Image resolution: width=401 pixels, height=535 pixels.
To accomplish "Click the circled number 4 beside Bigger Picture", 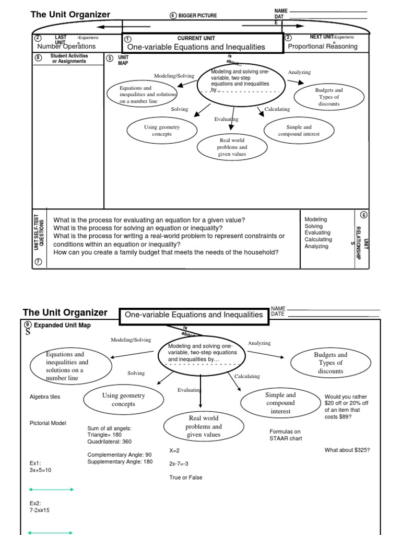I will [173, 16].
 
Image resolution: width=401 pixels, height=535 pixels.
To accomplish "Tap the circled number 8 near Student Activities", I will [38, 58].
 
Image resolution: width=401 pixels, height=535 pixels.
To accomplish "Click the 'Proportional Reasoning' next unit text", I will [323, 46].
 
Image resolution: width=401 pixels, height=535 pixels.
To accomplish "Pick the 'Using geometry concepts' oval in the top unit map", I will [162, 131].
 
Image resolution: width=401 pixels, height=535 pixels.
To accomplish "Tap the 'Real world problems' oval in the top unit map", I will [231, 147].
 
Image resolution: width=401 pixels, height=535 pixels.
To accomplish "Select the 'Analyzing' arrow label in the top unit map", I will [299, 72].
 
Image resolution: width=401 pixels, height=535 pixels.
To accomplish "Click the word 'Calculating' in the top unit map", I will [277, 109].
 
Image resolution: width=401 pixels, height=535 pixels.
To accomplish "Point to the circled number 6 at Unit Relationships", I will [363, 215].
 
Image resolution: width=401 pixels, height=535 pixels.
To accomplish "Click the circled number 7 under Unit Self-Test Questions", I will [38, 261].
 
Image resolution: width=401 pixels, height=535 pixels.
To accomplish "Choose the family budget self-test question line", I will [166, 252].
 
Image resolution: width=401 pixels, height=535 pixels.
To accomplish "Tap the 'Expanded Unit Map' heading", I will [62, 325].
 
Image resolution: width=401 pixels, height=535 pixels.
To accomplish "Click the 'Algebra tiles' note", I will [45, 397].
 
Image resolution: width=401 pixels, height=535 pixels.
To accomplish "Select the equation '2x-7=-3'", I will [179, 464].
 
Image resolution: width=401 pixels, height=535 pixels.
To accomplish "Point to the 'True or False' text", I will [185, 478].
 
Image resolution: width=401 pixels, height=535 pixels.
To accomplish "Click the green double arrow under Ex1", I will [51, 490].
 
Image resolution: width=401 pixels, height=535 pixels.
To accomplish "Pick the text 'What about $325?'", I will [347, 450].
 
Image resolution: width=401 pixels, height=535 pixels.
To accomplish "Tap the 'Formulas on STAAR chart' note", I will [286, 435].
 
